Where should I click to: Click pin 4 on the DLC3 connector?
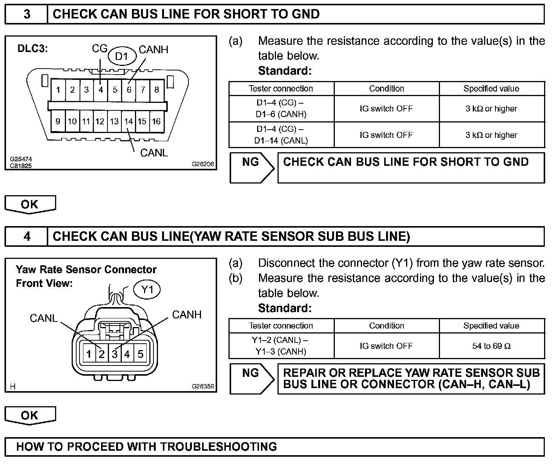[x=101, y=90]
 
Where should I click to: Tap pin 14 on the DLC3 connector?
[x=129, y=121]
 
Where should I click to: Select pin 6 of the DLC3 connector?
[x=129, y=90]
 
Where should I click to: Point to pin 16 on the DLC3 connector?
[x=156, y=121]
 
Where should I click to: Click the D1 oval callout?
[x=121, y=57]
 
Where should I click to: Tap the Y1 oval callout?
[x=147, y=290]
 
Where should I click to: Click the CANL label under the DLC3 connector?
[x=154, y=153]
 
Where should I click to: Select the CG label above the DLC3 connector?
[x=100, y=49]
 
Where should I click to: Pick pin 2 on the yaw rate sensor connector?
[x=101, y=354]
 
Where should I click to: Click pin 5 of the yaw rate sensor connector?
[x=140, y=354]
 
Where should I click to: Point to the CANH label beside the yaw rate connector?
[x=187, y=315]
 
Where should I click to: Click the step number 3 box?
[x=27, y=14]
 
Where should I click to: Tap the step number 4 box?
[x=27, y=236]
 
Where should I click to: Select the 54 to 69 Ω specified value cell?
[x=491, y=346]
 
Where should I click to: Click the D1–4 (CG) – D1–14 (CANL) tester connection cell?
[x=281, y=135]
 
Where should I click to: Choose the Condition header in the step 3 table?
[x=386, y=89]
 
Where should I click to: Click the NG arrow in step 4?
[x=252, y=379]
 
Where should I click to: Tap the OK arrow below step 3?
[x=30, y=205]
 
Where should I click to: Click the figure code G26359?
[x=202, y=386]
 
